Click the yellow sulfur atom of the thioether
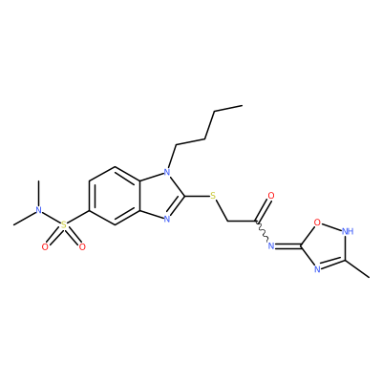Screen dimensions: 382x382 click(x=213, y=196)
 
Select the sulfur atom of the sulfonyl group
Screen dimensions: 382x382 click(x=64, y=225)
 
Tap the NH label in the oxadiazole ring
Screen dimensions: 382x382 click(x=348, y=231)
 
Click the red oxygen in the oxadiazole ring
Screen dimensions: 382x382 click(x=317, y=222)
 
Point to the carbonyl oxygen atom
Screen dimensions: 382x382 click(x=271, y=196)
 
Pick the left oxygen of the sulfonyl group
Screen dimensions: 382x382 click(x=45, y=246)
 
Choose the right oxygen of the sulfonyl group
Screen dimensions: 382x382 click(x=82, y=246)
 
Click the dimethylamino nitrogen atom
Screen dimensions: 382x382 click(x=38, y=210)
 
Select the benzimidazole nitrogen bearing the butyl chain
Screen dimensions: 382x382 click(x=166, y=172)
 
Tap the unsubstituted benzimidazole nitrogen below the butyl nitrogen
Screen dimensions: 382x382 click(x=166, y=219)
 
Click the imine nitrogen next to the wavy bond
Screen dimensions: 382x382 click(x=271, y=245)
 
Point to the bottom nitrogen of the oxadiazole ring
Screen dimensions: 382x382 click(x=317, y=269)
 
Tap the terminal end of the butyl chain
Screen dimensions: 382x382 click(x=243, y=105)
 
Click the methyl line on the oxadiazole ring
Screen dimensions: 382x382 click(x=357, y=269)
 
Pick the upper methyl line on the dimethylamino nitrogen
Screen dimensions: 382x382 click(x=38, y=193)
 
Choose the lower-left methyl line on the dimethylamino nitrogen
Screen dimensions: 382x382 click(x=24, y=219)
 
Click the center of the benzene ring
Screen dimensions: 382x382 click(x=115, y=196)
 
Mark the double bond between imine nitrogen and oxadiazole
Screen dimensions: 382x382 click(x=288, y=245)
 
